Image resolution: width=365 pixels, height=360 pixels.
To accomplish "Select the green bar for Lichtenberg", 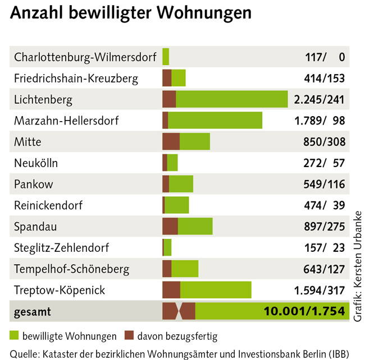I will pos(231,99).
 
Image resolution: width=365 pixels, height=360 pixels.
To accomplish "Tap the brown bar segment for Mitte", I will pos(171,142).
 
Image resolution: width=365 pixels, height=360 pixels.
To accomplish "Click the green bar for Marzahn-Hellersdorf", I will pos(215,121).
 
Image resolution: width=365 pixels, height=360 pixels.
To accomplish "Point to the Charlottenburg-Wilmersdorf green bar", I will pos(166,57).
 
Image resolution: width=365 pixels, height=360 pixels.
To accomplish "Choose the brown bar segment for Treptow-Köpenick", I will pos(171,290).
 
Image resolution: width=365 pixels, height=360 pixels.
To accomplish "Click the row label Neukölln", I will pos(36,163).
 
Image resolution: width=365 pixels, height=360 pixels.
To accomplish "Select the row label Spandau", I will pos(35,227).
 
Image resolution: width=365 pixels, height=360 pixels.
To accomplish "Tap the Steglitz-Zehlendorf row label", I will pos(62,247).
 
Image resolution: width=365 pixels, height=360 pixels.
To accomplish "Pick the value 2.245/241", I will pos(319,100).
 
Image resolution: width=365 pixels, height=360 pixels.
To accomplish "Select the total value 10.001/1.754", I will pos(303,311).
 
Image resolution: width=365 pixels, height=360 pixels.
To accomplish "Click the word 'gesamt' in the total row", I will pos(33,311).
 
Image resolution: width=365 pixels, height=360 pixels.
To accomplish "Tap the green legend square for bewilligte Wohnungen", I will pos(15,336).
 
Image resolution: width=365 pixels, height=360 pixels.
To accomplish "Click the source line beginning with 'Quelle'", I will pos(180,353).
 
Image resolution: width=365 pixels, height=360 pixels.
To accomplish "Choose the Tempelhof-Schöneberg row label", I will pos(71,269).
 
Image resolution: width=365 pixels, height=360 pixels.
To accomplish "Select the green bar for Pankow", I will pos(181,184).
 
